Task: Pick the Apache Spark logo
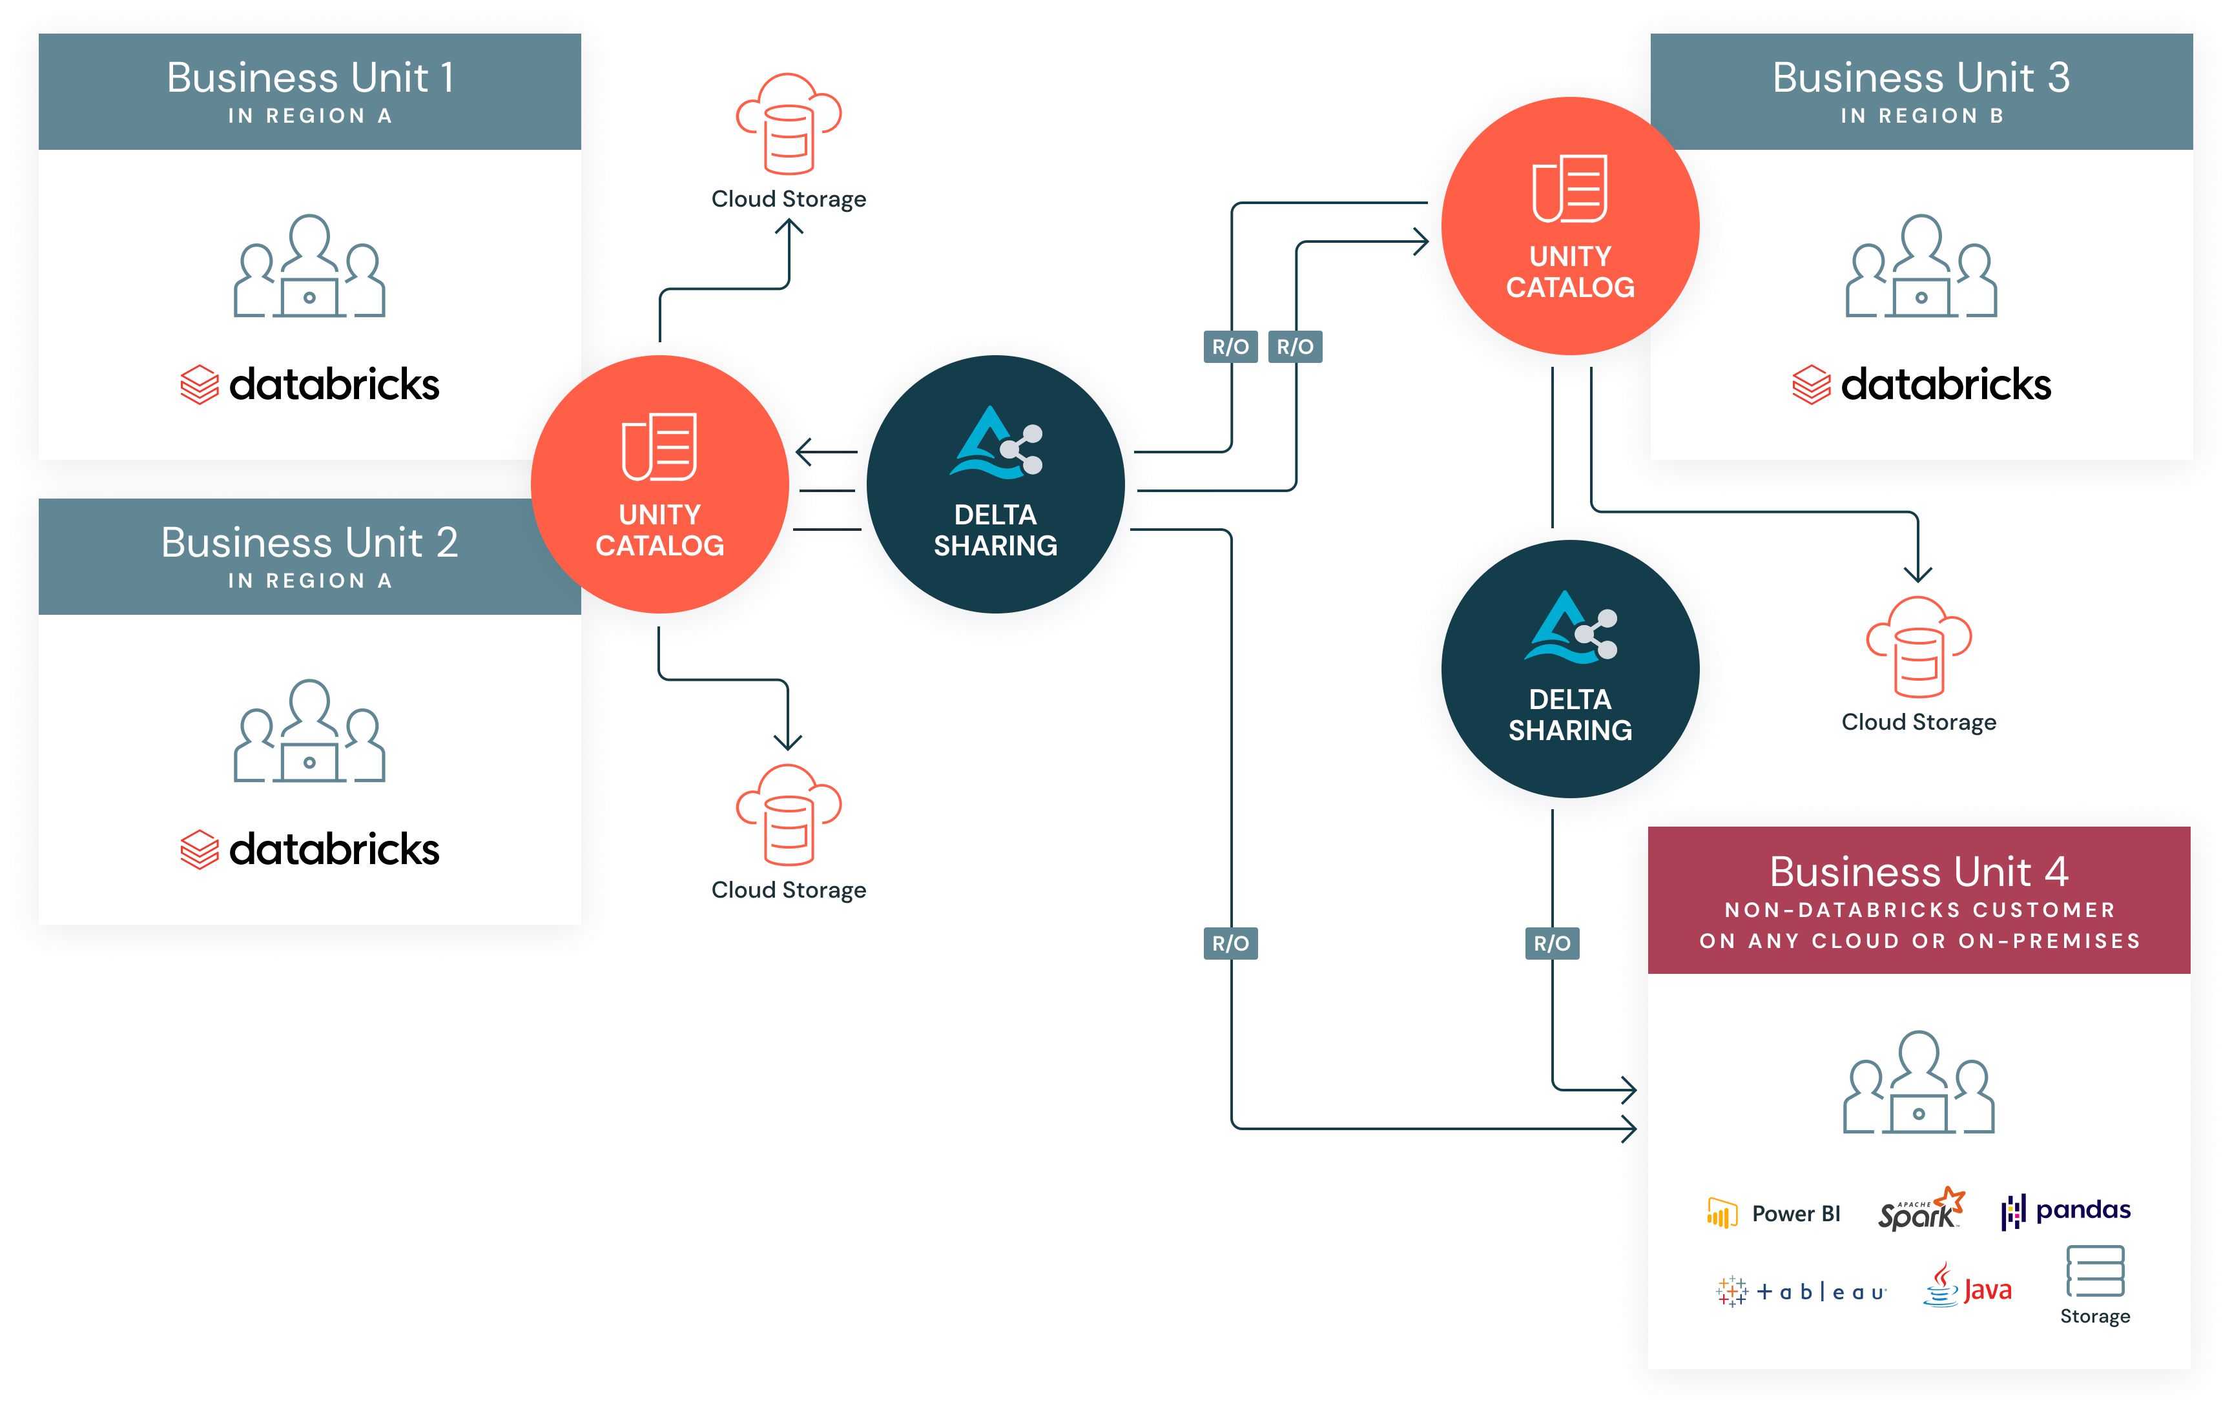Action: coord(1919,1209)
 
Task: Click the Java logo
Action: coord(1967,1286)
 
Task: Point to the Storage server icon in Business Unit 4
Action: coord(2095,1271)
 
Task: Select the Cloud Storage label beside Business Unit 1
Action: coord(789,199)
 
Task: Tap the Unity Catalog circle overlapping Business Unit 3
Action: coord(1569,225)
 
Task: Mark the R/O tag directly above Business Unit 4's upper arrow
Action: coord(1552,944)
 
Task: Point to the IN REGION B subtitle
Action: coord(1921,116)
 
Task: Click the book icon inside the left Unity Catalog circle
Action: coord(659,447)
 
